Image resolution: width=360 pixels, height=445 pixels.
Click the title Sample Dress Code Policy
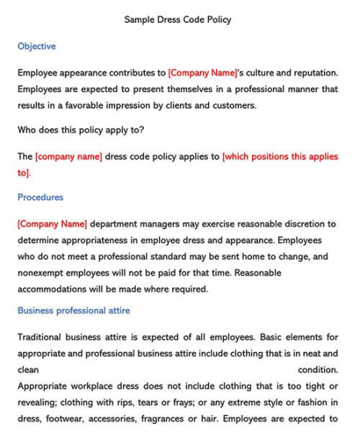(x=178, y=20)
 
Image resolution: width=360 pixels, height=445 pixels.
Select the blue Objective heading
(x=36, y=46)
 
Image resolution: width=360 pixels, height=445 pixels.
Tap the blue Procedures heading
(x=40, y=197)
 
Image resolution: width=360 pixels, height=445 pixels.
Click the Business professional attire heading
(x=73, y=310)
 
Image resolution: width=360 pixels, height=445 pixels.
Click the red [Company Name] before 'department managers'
(x=51, y=223)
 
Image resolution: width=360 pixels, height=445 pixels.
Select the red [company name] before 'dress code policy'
(x=68, y=156)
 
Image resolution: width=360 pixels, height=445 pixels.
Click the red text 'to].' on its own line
(x=24, y=173)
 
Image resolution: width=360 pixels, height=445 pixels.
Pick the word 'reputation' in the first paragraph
(x=314, y=73)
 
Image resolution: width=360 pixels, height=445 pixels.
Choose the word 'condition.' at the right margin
(x=317, y=369)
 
